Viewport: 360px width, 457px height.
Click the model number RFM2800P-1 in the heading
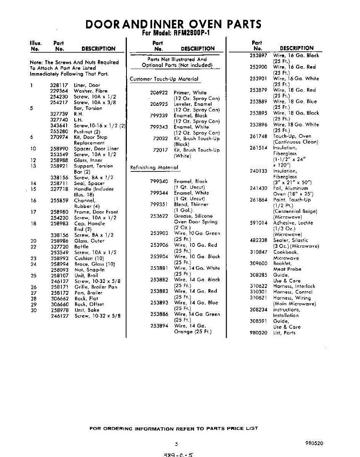(x=185, y=33)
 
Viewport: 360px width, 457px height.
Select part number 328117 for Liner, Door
(x=59, y=85)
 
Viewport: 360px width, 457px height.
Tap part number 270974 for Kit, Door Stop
(x=59, y=137)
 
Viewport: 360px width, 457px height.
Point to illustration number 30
(x=34, y=310)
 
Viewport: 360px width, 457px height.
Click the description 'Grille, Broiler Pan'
(x=96, y=287)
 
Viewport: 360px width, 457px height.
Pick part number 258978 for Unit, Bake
(x=59, y=310)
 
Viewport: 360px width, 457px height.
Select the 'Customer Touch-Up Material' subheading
(x=164, y=79)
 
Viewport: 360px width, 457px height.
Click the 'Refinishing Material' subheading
(x=154, y=168)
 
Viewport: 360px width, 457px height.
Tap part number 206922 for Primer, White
(x=159, y=93)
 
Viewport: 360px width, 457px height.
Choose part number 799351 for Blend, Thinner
(x=159, y=205)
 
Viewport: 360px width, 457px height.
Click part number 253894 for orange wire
(x=159, y=326)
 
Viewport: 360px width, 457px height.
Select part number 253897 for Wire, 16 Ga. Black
(x=258, y=56)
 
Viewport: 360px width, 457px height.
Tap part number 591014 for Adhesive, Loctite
(x=258, y=223)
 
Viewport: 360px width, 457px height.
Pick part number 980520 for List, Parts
(x=258, y=333)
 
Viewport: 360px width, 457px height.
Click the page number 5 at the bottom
(x=177, y=444)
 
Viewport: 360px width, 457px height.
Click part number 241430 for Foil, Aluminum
(x=258, y=188)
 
